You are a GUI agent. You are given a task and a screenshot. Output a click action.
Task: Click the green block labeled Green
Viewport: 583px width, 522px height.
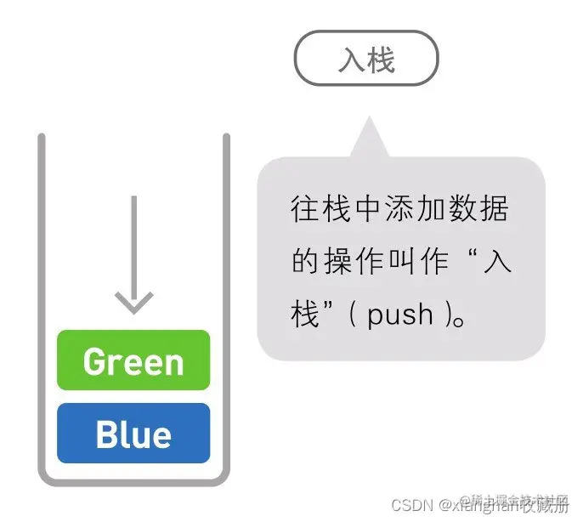click(133, 360)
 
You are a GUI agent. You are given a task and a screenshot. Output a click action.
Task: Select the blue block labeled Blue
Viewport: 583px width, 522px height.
click(133, 434)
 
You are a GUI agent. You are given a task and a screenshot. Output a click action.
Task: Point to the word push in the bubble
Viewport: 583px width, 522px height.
click(400, 316)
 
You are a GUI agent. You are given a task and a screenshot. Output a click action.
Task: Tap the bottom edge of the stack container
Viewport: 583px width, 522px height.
click(133, 481)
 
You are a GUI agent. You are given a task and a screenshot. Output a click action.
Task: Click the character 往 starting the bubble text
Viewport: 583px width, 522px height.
click(303, 209)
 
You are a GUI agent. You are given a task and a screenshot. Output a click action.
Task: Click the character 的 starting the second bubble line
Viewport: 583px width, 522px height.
click(303, 263)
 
